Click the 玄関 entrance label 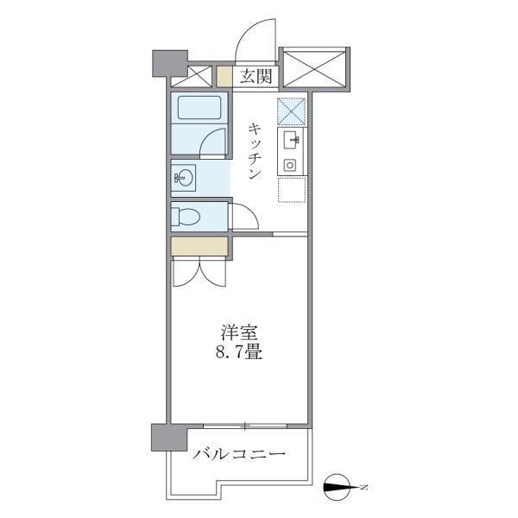pos(256,77)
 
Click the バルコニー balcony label pos(239,453)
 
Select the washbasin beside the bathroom pos(184,179)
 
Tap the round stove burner pos(291,164)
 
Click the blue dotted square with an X pos(291,111)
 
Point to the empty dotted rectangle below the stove pos(292,187)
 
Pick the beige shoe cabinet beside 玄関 pos(224,76)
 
